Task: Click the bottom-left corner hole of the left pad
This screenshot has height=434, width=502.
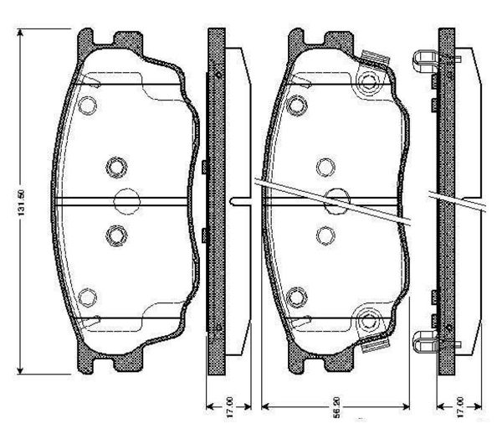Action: [87, 296]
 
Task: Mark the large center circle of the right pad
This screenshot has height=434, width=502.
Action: [337, 201]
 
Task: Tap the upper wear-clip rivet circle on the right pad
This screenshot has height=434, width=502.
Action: [369, 81]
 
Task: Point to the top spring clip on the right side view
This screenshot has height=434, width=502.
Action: [426, 59]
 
